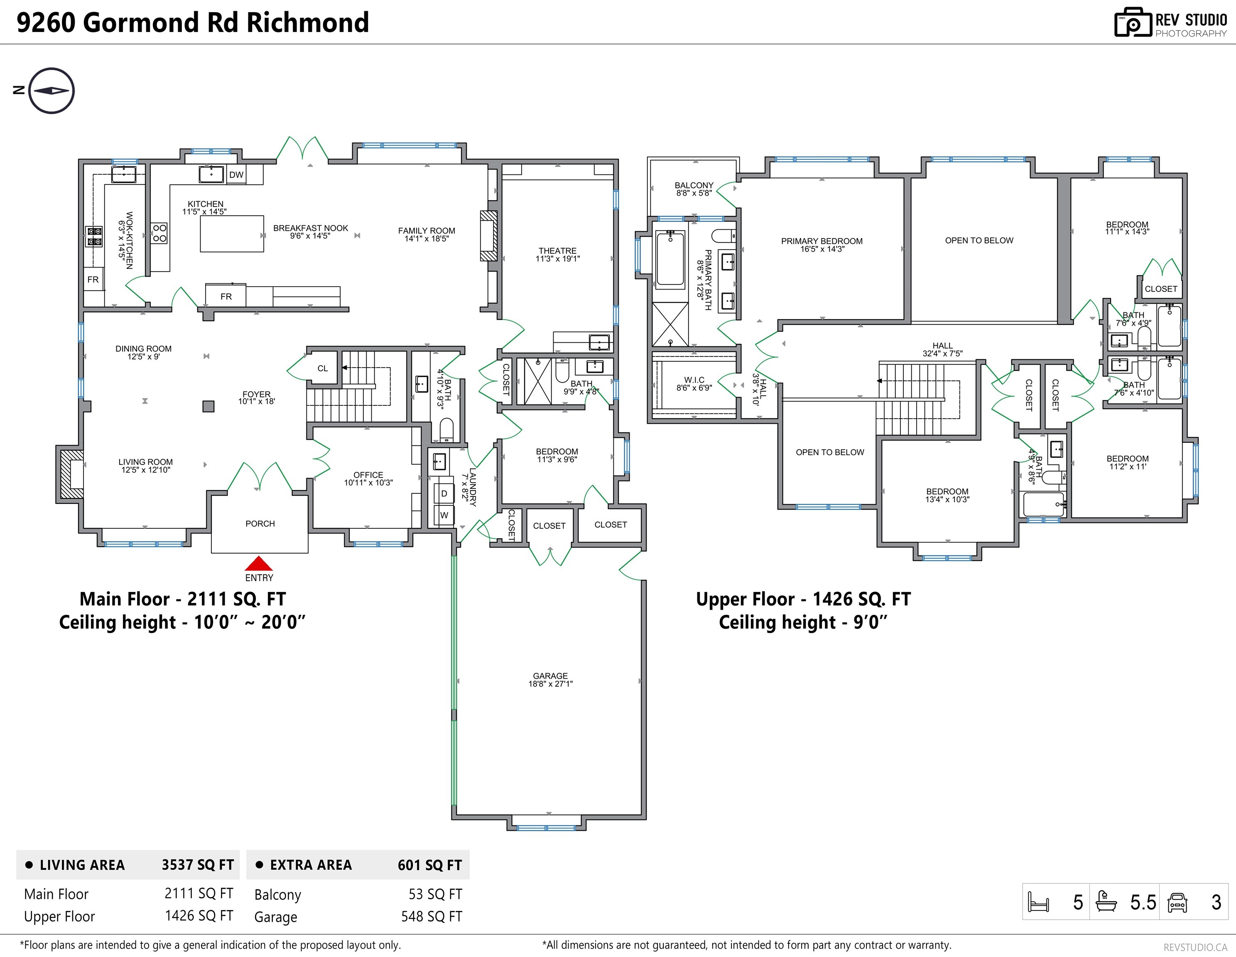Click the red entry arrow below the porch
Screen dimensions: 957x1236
259,564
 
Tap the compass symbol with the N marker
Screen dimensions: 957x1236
51,91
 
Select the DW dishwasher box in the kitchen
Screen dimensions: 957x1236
236,174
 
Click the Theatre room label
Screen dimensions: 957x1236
557,254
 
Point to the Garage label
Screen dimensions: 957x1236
550,679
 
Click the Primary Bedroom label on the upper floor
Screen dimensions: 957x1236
822,245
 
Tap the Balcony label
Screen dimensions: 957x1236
694,189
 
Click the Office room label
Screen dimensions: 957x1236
368,478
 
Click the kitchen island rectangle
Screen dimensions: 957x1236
231,233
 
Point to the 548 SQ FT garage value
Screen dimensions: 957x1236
431,916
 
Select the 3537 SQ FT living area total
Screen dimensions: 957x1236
198,865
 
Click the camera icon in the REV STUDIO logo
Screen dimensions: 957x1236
1133,23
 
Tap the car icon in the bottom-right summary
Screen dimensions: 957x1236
1177,902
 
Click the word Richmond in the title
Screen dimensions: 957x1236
307,23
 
